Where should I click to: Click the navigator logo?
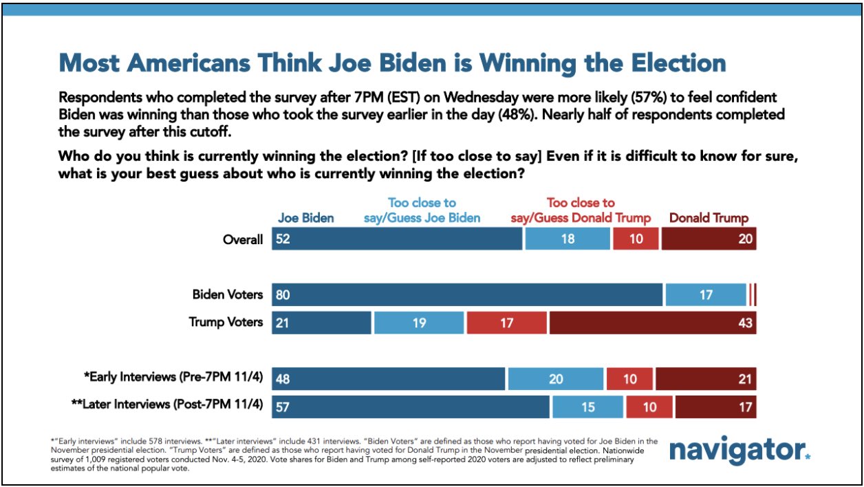click(739, 451)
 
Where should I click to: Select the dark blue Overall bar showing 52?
click(397, 239)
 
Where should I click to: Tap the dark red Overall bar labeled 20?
click(709, 239)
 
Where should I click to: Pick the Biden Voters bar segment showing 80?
click(467, 294)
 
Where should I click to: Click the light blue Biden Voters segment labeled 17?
click(706, 294)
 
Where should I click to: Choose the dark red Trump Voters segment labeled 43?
click(652, 322)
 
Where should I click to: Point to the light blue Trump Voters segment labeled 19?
click(419, 322)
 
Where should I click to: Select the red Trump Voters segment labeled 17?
click(507, 322)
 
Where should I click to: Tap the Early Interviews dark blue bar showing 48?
click(389, 378)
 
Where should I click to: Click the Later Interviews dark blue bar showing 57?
click(411, 406)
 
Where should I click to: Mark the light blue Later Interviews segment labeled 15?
click(588, 406)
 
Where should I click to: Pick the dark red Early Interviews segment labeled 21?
click(706, 378)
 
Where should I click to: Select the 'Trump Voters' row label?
click(226, 322)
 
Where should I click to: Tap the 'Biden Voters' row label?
click(227, 294)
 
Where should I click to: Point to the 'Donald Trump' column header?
click(709, 219)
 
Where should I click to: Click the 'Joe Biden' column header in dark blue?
click(305, 219)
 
